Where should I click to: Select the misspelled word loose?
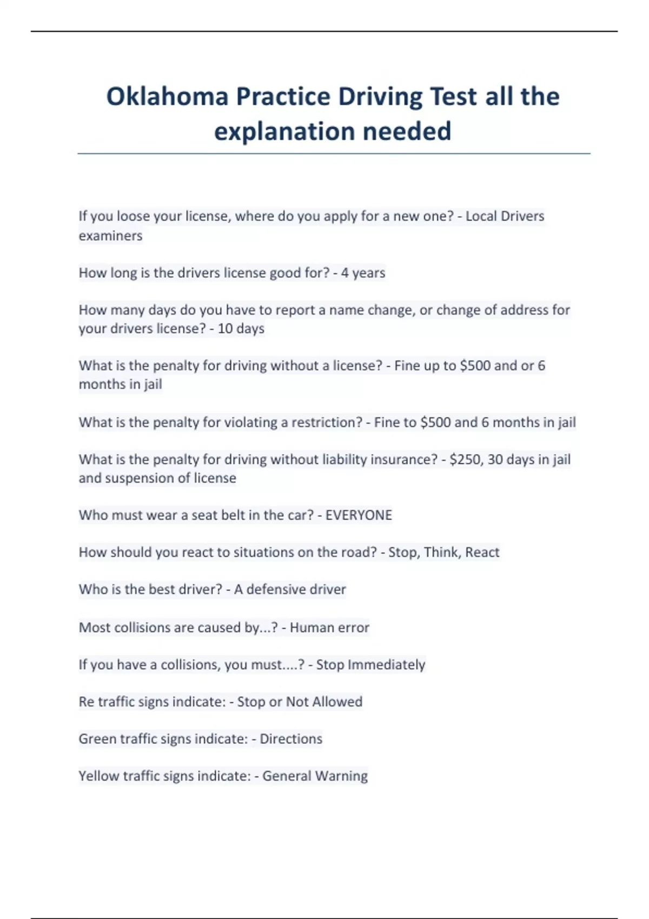[x=133, y=216]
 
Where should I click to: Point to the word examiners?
[x=110, y=236]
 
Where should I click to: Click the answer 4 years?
[x=363, y=273]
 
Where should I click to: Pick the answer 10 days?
[x=241, y=329]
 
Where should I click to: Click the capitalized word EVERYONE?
[x=359, y=515]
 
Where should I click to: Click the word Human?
[x=310, y=628]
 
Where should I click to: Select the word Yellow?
[x=98, y=776]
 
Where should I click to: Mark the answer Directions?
[x=291, y=739]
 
